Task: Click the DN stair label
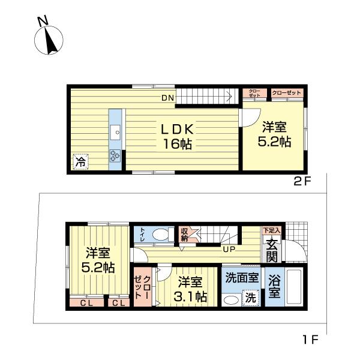[x=167, y=97]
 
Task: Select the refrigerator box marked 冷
[x=80, y=161]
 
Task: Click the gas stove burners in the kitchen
[x=115, y=156]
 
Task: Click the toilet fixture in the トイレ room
[x=160, y=234]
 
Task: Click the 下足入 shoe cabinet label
[x=272, y=230]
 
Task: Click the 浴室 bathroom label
[x=275, y=286]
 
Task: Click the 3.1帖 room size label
[x=192, y=296]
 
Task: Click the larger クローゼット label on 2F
[x=287, y=93]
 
